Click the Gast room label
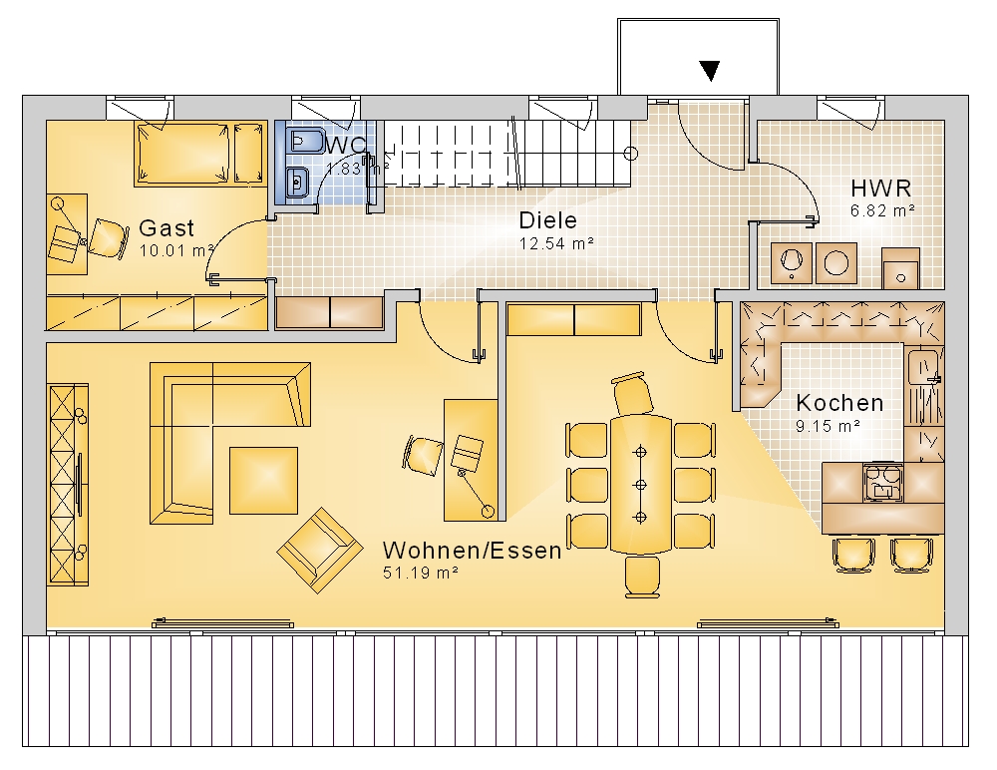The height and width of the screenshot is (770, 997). click(x=166, y=227)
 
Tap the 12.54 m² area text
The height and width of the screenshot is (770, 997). click(x=556, y=243)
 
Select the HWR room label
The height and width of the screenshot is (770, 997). click(x=880, y=189)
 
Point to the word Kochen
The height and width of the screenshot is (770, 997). click(x=839, y=403)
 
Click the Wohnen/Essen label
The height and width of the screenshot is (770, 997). click(x=472, y=550)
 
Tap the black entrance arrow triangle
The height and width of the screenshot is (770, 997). click(x=709, y=71)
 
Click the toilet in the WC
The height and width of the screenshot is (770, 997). click(x=304, y=141)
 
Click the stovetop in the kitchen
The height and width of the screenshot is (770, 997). click(x=882, y=483)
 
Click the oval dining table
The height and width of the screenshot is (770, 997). click(x=640, y=485)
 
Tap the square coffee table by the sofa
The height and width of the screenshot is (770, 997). click(x=263, y=481)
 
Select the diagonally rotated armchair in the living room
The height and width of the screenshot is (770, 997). click(x=320, y=550)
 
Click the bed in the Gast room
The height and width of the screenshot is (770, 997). click(x=181, y=154)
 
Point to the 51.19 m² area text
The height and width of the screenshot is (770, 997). click(x=420, y=573)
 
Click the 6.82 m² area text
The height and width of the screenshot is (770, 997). click(x=882, y=210)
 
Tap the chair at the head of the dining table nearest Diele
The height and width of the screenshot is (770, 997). click(x=633, y=394)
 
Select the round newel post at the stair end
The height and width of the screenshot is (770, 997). click(x=630, y=154)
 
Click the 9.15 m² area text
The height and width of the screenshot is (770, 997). click(x=828, y=426)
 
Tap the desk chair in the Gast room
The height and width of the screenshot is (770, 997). click(x=108, y=239)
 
